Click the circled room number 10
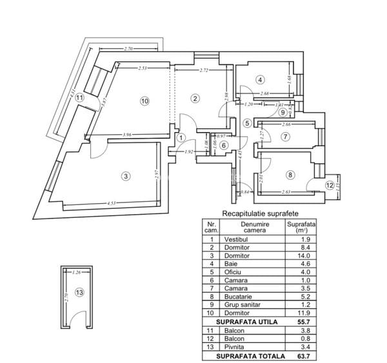(144, 101)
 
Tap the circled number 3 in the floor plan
(126, 175)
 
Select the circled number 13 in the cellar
(79, 293)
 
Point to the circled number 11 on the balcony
(79, 97)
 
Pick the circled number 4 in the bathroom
(260, 80)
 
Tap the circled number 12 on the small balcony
(330, 185)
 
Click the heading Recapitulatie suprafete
(260, 213)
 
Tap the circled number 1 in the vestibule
(181, 137)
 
